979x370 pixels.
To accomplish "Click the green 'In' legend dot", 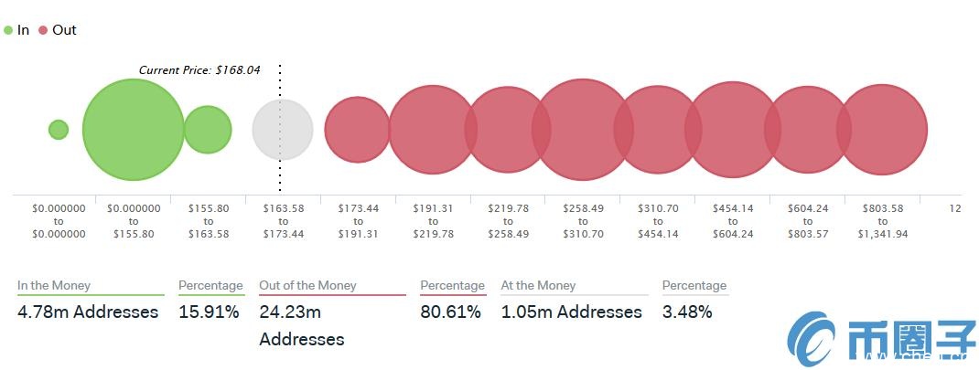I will click(8, 30).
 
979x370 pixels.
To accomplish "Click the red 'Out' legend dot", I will click(42, 30).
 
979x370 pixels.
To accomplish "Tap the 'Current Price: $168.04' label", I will click(199, 69).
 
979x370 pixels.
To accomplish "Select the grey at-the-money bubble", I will click(283, 130).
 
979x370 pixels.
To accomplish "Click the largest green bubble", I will click(134, 130).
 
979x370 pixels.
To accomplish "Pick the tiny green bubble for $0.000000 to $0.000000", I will click(59, 130).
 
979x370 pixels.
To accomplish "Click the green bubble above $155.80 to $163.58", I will click(208, 130).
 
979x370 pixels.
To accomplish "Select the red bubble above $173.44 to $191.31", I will click(358, 130).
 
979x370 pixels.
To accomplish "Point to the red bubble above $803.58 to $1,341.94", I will click(882, 130).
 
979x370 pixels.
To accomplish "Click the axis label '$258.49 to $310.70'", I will click(583, 221).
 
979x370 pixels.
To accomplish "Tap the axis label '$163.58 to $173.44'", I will click(283, 221).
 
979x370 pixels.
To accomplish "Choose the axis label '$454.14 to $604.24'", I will click(733, 221).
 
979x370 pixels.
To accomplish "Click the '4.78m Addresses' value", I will click(88, 312).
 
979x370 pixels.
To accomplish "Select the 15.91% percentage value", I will click(209, 312).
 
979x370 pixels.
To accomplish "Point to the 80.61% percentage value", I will click(450, 312).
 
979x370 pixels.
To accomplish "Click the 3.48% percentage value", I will click(687, 312).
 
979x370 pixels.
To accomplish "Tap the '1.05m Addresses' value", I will click(572, 312).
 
